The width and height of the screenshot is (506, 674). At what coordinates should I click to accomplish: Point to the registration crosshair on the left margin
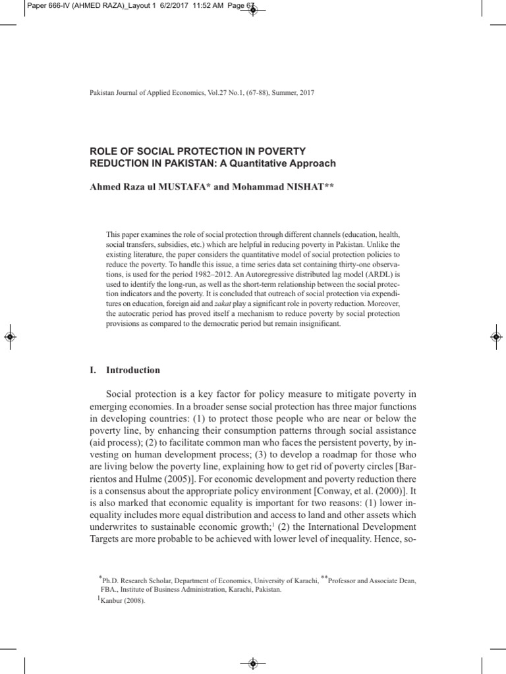10,336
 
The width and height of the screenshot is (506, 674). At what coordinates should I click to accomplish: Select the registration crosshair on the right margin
495,336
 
